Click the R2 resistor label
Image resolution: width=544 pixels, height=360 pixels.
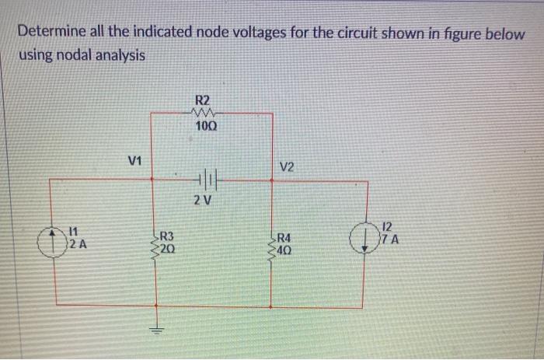201,100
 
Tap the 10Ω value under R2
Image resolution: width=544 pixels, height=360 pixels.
202,128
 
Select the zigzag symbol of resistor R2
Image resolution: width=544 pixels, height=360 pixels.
201,114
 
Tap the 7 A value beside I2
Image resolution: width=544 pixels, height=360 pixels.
388,239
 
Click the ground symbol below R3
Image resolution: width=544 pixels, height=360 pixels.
158,328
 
